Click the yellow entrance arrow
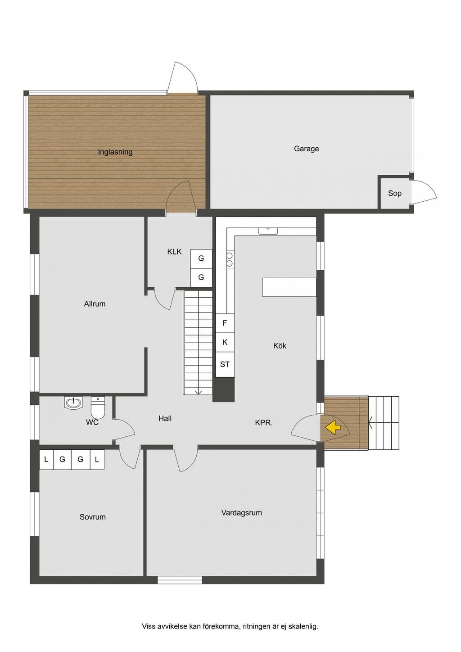click(x=333, y=428)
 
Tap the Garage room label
click(x=306, y=149)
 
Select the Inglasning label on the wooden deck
click(x=115, y=152)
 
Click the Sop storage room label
click(x=395, y=193)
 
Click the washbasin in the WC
click(x=73, y=403)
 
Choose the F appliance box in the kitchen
click(x=225, y=323)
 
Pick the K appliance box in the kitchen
click(x=225, y=342)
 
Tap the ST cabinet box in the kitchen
click(x=225, y=364)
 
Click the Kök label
click(x=280, y=346)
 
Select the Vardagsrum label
click(x=242, y=521)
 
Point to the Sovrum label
click(x=93, y=525)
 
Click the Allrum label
click(x=95, y=304)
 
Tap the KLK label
click(x=174, y=252)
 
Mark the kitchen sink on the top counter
click(x=268, y=231)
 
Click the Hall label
click(x=165, y=419)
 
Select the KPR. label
click(x=264, y=423)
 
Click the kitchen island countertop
click(x=289, y=287)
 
